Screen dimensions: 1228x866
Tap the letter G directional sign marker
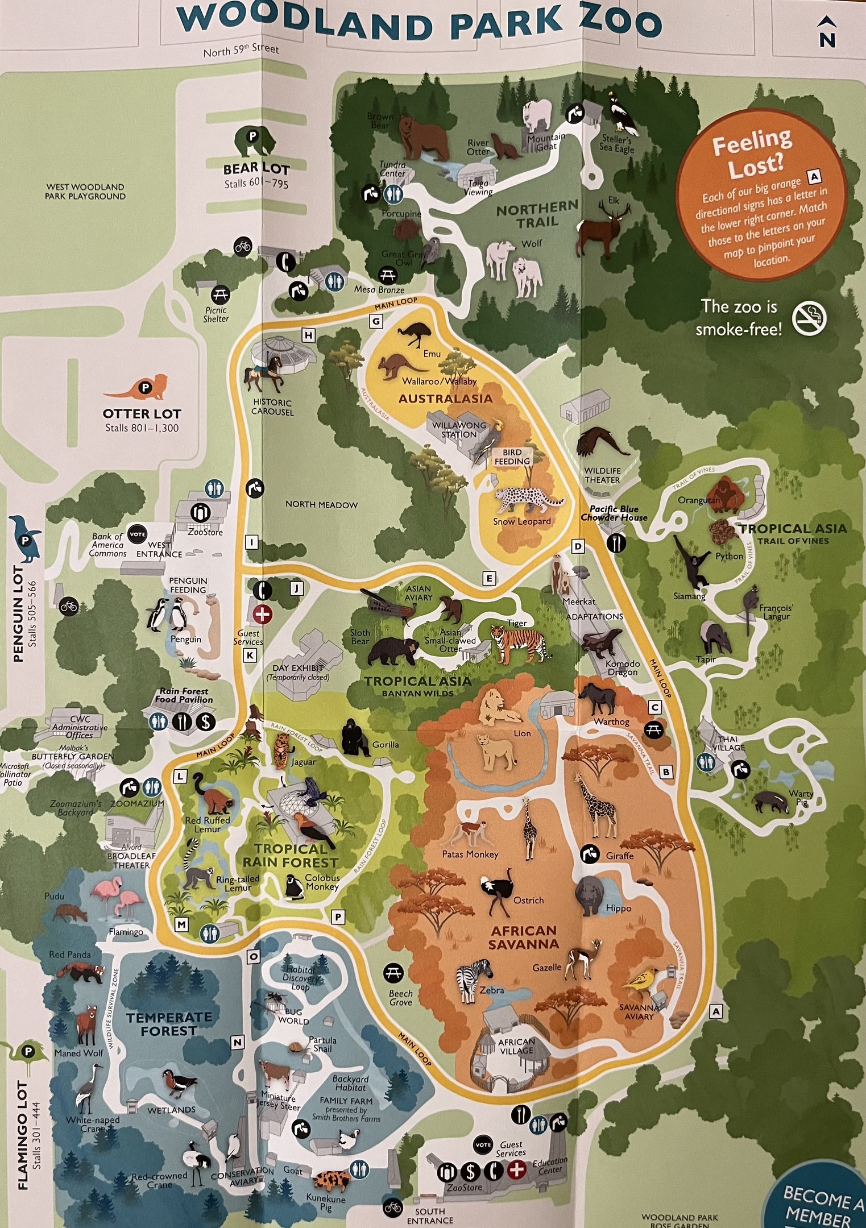[x=376, y=321]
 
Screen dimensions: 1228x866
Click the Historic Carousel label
[x=272, y=406]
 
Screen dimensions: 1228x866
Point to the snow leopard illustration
[x=526, y=500]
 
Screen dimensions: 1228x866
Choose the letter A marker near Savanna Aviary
[x=716, y=1011]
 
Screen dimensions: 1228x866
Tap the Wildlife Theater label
[x=602, y=475]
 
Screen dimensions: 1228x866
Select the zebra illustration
[x=474, y=980]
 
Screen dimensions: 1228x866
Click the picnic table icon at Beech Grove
[x=393, y=973]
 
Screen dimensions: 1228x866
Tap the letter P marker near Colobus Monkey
[x=338, y=916]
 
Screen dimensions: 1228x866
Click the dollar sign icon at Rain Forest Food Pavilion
[x=205, y=721]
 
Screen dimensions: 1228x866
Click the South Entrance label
[x=430, y=1215]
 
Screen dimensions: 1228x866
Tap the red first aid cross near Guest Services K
[x=263, y=614]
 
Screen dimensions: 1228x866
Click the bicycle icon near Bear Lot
[x=243, y=246]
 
